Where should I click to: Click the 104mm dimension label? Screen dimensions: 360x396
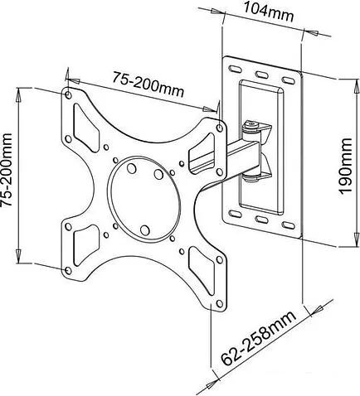point(268,12)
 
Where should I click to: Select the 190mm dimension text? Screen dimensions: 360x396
point(346,166)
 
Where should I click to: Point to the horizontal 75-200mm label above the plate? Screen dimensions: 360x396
point(148,84)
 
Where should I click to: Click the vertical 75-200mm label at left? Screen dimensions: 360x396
point(7,170)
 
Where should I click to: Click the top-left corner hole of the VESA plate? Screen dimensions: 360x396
point(68,94)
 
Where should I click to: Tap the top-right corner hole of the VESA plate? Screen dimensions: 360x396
point(220,128)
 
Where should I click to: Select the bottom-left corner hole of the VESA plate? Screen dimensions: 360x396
point(68,270)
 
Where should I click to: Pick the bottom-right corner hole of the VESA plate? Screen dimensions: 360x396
point(220,303)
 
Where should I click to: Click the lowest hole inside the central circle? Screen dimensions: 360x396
point(144,229)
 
